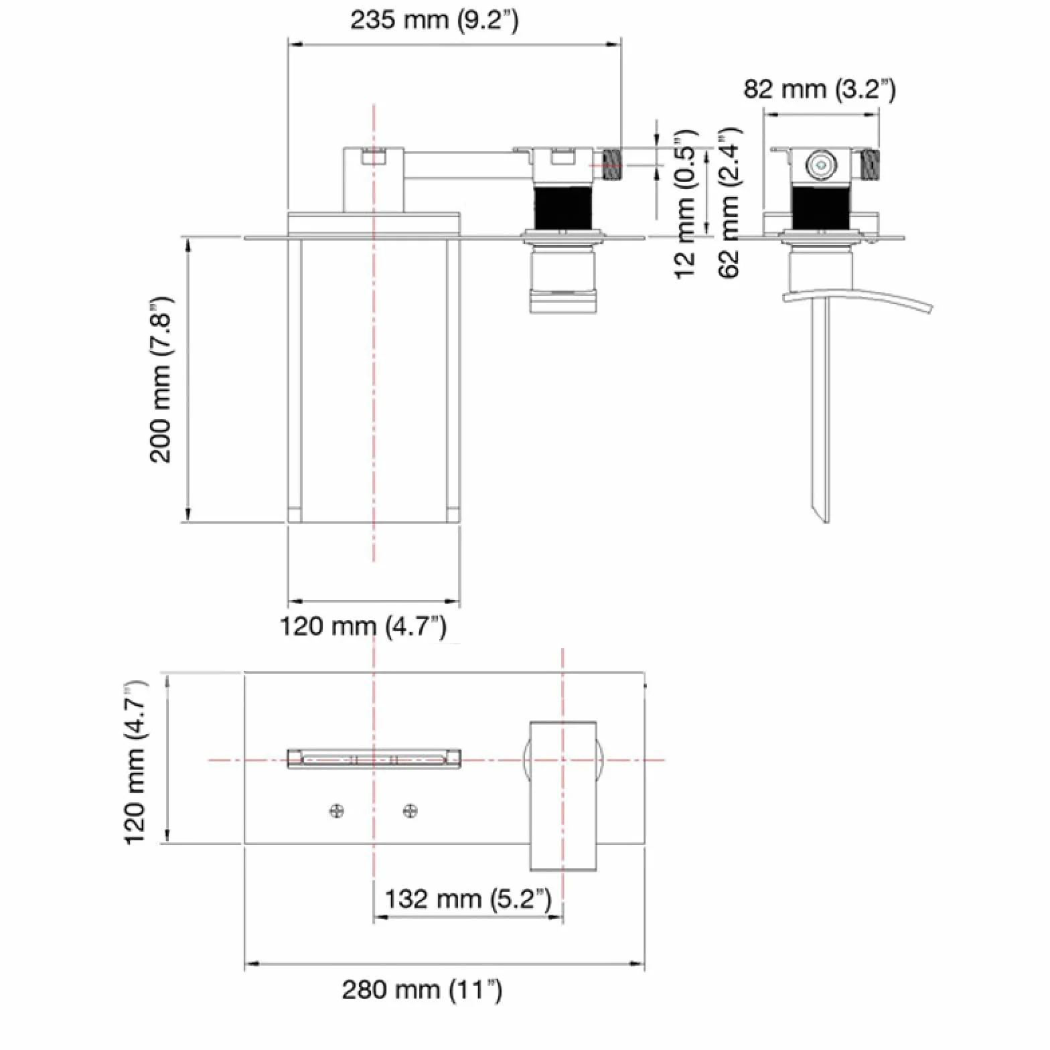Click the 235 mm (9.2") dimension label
434,20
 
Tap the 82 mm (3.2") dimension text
820,88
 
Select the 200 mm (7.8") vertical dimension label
161,380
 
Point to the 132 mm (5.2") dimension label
467,899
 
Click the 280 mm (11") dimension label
422,989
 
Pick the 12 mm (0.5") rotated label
685,204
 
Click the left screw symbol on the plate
337,812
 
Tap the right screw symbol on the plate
410,812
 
